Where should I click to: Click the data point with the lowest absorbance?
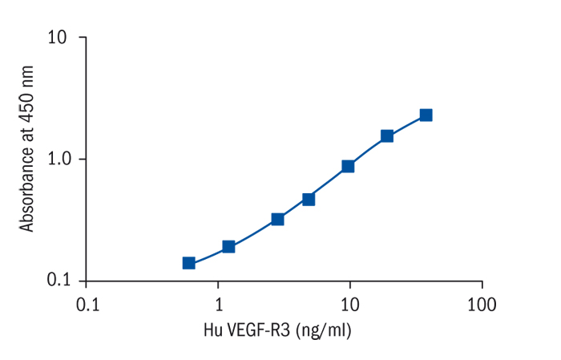189,263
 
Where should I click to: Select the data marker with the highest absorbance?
426,115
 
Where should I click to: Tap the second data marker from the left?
228,246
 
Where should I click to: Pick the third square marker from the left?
278,219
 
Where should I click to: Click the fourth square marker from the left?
309,199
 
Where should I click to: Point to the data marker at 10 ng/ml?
348,166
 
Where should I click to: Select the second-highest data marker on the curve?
387,136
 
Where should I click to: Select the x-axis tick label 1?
218,305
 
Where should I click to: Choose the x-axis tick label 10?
349,305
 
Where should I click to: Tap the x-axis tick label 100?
481,305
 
